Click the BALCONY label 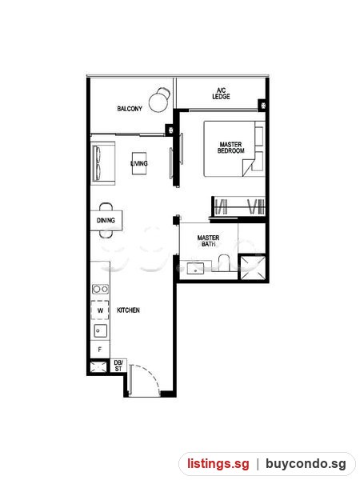tap(130, 109)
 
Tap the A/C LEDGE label tap(221, 94)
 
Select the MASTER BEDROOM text tap(231, 147)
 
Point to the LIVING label tap(139, 163)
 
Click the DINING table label tap(106, 221)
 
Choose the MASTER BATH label tap(208, 241)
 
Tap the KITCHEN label tap(128, 310)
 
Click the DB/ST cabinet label tap(118, 366)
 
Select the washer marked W tap(100, 310)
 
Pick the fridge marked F tap(100, 350)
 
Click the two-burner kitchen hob tap(100, 289)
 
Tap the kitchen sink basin tap(101, 331)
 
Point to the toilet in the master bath tap(224, 262)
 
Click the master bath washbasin tap(196, 269)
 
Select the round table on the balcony tap(159, 102)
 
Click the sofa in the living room tap(103, 163)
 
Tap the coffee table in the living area tap(139, 163)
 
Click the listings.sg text tap(218, 463)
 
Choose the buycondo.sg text tap(306, 464)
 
